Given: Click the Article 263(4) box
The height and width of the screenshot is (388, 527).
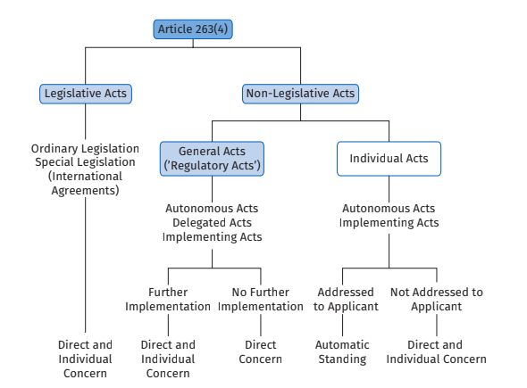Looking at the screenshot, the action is [193, 29].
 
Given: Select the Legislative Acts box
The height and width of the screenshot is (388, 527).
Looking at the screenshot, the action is [86, 94].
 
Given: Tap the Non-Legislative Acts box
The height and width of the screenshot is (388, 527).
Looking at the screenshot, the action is [300, 94].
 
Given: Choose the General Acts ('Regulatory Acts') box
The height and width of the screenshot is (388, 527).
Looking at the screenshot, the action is [212, 159].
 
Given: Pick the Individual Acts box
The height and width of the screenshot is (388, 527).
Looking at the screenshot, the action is [389, 159].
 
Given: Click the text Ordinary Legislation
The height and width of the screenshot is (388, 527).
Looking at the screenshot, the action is [85, 148].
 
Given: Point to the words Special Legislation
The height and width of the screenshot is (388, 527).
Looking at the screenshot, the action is [85, 162].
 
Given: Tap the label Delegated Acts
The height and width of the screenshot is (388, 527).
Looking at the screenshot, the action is [212, 222].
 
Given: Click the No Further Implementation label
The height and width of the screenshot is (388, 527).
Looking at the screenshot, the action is [261, 299].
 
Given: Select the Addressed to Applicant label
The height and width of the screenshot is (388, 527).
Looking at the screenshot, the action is [346, 299].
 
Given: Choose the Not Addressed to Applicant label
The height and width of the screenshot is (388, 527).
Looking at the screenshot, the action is [437, 299].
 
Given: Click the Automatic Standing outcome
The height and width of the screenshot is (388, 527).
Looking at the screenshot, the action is [342, 351].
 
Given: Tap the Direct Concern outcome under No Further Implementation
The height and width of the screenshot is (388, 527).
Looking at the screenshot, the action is [261, 351].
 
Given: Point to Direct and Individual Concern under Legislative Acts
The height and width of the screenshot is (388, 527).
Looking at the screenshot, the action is [85, 359].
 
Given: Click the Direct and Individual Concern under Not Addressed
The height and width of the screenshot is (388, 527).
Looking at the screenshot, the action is [436, 351].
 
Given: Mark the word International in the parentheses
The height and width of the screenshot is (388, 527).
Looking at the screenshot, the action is [87, 177].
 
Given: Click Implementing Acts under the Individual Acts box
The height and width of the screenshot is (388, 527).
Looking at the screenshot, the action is [389, 222].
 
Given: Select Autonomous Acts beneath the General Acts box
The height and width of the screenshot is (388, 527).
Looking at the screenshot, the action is [212, 209].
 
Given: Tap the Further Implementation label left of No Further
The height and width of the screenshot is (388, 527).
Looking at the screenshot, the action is [168, 299].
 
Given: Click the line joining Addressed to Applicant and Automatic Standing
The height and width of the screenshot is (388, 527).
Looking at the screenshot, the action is [343, 326].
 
